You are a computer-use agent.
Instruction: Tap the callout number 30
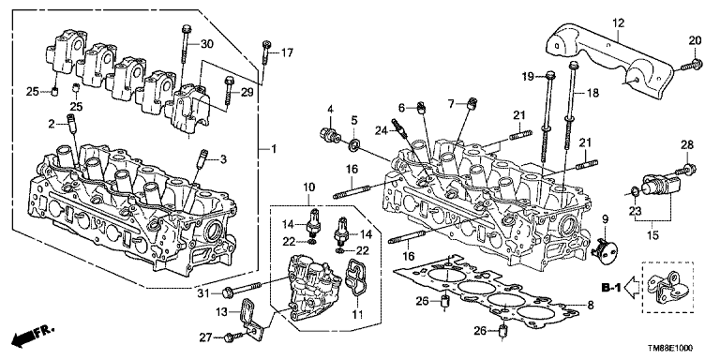[207, 44]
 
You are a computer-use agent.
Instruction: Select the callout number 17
[287, 53]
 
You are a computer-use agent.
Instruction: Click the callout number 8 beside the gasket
[591, 304]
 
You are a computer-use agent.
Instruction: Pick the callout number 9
[606, 219]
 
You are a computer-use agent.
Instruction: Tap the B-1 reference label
[611, 289]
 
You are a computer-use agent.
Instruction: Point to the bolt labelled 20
[688, 66]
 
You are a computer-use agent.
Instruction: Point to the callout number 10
[308, 187]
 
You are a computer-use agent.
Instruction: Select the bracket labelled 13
[248, 317]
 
